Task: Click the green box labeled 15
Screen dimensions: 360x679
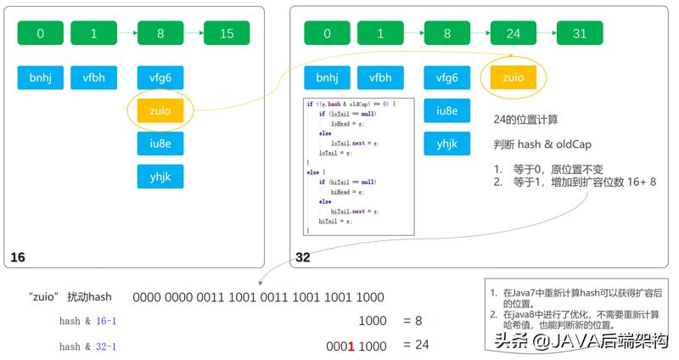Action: [x=227, y=33]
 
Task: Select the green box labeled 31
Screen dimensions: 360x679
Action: [x=579, y=33]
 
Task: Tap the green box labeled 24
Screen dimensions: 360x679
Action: [x=513, y=33]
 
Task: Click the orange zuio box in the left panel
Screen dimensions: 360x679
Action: [x=160, y=110]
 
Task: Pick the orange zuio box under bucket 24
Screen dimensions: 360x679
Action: [x=513, y=78]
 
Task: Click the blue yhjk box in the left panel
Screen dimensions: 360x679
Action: [x=160, y=176]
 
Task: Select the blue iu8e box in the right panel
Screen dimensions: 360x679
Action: [x=447, y=110]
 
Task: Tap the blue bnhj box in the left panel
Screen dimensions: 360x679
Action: [x=41, y=78]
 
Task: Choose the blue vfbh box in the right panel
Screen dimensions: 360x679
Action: [x=380, y=78]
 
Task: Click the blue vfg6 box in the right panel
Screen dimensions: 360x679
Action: [x=447, y=78]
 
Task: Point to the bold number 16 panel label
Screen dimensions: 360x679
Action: [x=18, y=256]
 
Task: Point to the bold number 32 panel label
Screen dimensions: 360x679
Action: [x=303, y=256]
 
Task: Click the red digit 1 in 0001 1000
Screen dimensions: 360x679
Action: [x=351, y=346]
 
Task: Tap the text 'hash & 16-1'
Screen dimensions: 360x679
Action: [x=87, y=321]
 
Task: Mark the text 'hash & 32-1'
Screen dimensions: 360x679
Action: [x=87, y=346]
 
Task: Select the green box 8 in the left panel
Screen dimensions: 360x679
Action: [x=160, y=33]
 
